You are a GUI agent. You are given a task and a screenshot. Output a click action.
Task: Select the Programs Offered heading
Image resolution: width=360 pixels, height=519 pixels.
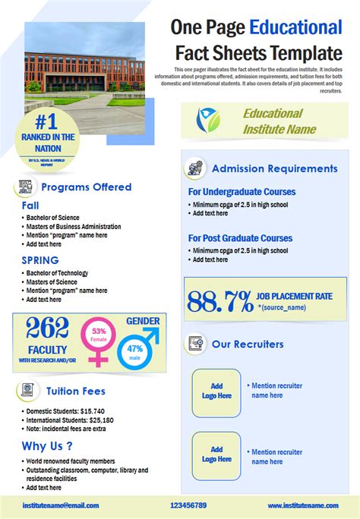[86, 187]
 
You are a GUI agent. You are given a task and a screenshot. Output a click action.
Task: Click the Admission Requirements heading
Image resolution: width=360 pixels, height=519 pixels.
[274, 168]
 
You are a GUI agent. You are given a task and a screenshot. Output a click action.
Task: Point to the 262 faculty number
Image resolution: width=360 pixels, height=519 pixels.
[48, 329]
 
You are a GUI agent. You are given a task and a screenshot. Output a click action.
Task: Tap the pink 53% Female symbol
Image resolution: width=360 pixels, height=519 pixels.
[99, 337]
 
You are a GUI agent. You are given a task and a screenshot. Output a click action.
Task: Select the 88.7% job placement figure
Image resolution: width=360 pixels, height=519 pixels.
[219, 301]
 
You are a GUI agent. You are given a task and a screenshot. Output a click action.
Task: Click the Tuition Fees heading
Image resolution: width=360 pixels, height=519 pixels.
[75, 392]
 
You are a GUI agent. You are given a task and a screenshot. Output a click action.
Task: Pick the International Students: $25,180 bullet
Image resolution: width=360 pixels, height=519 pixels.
[70, 420]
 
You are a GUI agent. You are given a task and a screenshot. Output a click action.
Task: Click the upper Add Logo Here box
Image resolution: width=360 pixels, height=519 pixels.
[216, 391]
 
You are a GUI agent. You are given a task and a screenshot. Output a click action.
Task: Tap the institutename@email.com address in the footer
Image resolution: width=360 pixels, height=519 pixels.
[60, 505]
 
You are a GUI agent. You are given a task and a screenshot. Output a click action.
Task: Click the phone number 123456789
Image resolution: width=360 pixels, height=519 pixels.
[188, 505]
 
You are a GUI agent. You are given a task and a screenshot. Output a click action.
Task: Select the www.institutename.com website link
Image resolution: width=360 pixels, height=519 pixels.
[302, 505]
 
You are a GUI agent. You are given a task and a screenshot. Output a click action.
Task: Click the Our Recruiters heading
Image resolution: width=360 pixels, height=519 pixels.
[248, 344]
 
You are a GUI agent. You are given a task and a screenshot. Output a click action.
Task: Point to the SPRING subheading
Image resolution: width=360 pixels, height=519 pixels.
[39, 260]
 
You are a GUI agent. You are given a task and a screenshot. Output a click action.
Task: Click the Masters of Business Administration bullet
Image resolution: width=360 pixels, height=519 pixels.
[74, 226]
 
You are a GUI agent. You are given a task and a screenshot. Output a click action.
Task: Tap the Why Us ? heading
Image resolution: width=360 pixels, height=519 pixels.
[47, 445]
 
